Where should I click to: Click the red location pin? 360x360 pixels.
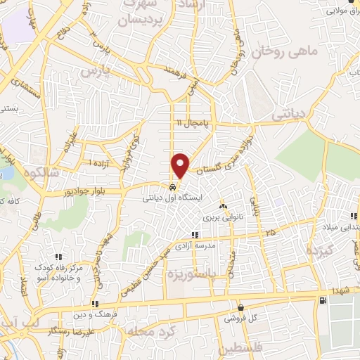[x=181, y=165]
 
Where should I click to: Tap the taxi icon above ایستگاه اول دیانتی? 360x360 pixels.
[x=172, y=188]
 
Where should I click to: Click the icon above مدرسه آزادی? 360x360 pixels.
[x=195, y=236]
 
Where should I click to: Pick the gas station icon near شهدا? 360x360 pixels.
[x=322, y=300]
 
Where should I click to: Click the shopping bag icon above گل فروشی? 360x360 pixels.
[x=240, y=307]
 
